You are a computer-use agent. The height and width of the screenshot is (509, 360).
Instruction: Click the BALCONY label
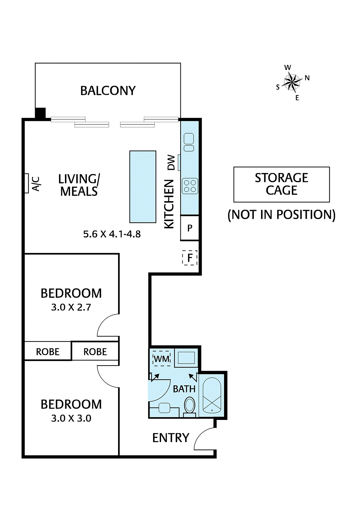[108, 91]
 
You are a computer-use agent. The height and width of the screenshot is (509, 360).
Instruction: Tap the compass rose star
[292, 82]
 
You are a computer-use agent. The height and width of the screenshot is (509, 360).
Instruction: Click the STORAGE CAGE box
[281, 184]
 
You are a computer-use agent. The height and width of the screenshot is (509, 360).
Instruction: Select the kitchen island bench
[143, 187]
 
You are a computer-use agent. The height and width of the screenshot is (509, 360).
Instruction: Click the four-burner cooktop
[190, 186]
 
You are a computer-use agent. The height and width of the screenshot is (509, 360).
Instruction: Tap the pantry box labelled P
[190, 228]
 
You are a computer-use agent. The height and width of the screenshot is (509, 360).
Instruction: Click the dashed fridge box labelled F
[190, 258]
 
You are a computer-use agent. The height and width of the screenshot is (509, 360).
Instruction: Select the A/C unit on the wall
[27, 183]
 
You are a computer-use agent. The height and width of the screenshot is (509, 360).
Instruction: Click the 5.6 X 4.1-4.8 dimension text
[112, 234]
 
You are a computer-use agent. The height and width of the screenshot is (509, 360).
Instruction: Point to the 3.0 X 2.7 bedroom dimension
[71, 307]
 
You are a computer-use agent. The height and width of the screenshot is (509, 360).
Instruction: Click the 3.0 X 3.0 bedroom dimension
[71, 418]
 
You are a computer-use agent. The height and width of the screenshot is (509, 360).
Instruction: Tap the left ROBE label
[48, 352]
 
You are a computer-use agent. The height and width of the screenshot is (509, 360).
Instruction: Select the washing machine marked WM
[162, 359]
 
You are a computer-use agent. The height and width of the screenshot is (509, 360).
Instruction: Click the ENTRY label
[171, 438]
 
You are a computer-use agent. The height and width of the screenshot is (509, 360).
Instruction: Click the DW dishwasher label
[171, 162]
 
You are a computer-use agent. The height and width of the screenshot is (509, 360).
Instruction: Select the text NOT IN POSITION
[281, 215]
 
